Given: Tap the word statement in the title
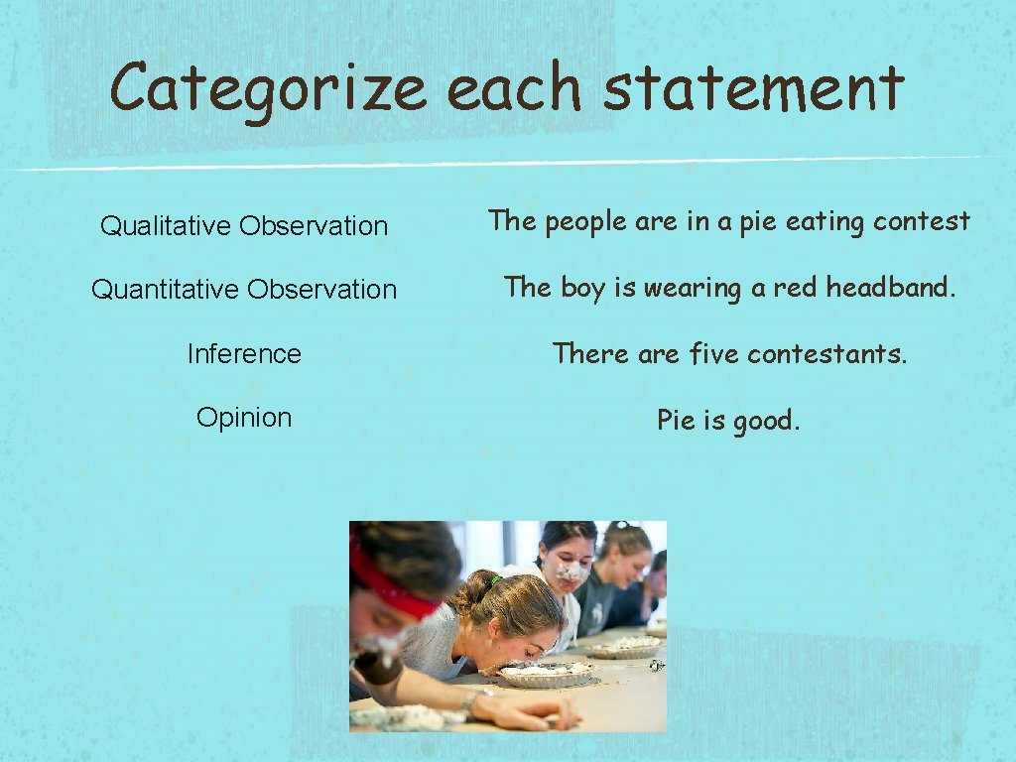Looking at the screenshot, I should [753, 87].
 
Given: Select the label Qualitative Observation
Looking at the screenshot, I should [244, 226].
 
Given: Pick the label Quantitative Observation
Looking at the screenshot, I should [244, 290].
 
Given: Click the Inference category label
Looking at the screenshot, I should [244, 353].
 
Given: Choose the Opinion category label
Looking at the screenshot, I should [244, 417].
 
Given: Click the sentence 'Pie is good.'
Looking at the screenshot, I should [728, 421].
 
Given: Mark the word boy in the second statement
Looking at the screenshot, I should [582, 289].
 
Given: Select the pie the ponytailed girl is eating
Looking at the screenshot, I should [545, 675].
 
